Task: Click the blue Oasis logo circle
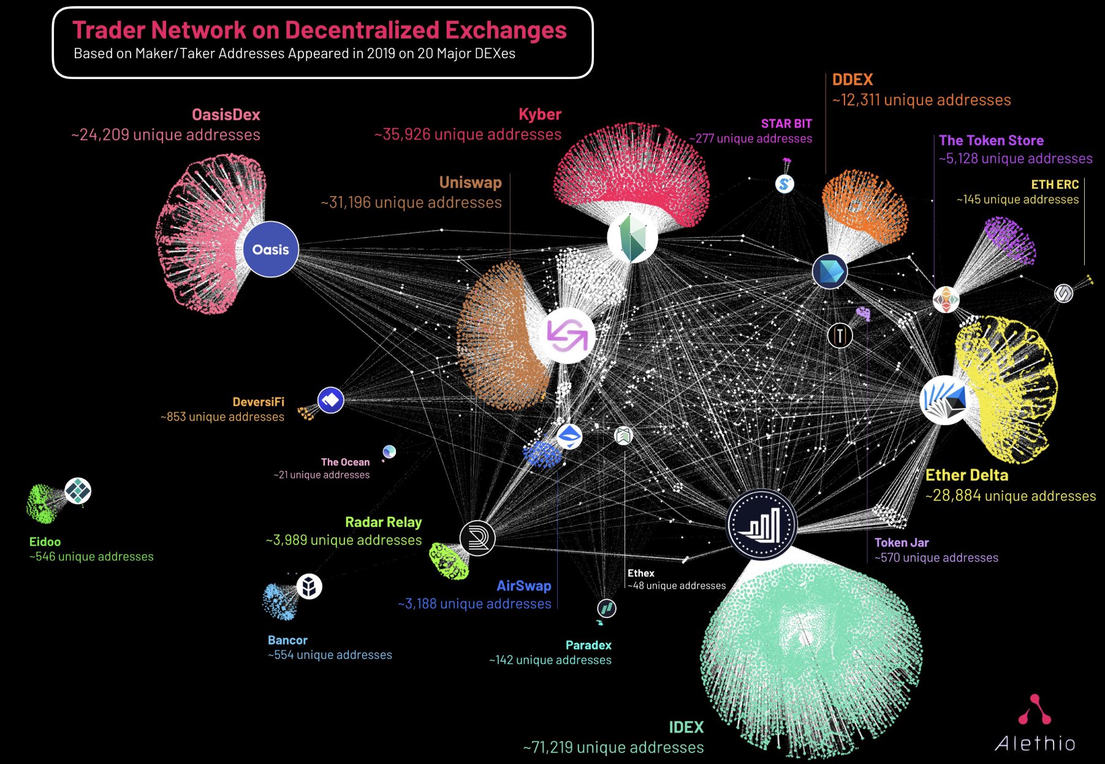pyautogui.click(x=270, y=249)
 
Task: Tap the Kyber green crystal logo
pyautogui.click(x=632, y=237)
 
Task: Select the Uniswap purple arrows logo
pyautogui.click(x=568, y=336)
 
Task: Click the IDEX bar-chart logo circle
pyautogui.click(x=761, y=524)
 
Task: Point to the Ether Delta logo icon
pyautogui.click(x=945, y=400)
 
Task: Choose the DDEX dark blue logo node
pyautogui.click(x=830, y=271)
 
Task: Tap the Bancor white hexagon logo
pyautogui.click(x=309, y=586)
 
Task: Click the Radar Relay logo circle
pyautogui.click(x=477, y=538)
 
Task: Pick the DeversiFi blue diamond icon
pyautogui.click(x=330, y=400)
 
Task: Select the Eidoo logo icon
pyautogui.click(x=78, y=491)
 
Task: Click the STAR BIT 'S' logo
pyautogui.click(x=784, y=183)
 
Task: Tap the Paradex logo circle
pyautogui.click(x=607, y=608)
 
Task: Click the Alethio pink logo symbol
pyautogui.click(x=1035, y=709)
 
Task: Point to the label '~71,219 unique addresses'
pyautogui.click(x=613, y=747)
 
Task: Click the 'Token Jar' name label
pyautogui.click(x=902, y=542)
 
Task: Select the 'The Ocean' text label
pyautogui.click(x=346, y=462)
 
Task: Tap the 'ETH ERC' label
pyautogui.click(x=1055, y=184)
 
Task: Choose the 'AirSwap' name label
pyautogui.click(x=524, y=586)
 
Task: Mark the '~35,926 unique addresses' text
pyautogui.click(x=468, y=134)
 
